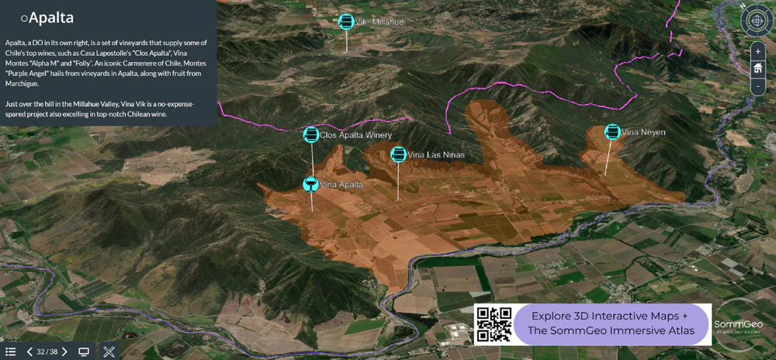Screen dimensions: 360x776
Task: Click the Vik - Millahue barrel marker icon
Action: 346,22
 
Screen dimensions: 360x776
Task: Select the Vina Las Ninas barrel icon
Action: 398,154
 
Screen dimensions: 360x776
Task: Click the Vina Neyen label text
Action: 639,132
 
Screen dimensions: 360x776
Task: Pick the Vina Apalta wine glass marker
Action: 310,184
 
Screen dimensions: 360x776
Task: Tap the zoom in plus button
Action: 757,51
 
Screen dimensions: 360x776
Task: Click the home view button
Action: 757,69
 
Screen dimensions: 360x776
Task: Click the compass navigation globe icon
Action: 757,20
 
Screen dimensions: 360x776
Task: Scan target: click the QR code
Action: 494,324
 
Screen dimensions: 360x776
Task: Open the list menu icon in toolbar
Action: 10,351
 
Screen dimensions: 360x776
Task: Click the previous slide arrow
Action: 29,351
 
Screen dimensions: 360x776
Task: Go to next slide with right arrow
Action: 64,351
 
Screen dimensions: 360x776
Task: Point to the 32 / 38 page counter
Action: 47,351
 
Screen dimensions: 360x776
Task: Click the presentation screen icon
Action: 84,351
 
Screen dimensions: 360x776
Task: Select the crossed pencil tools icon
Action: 109,351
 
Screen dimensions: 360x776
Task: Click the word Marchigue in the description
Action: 23,84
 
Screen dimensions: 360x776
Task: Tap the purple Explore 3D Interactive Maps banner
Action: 609,324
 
